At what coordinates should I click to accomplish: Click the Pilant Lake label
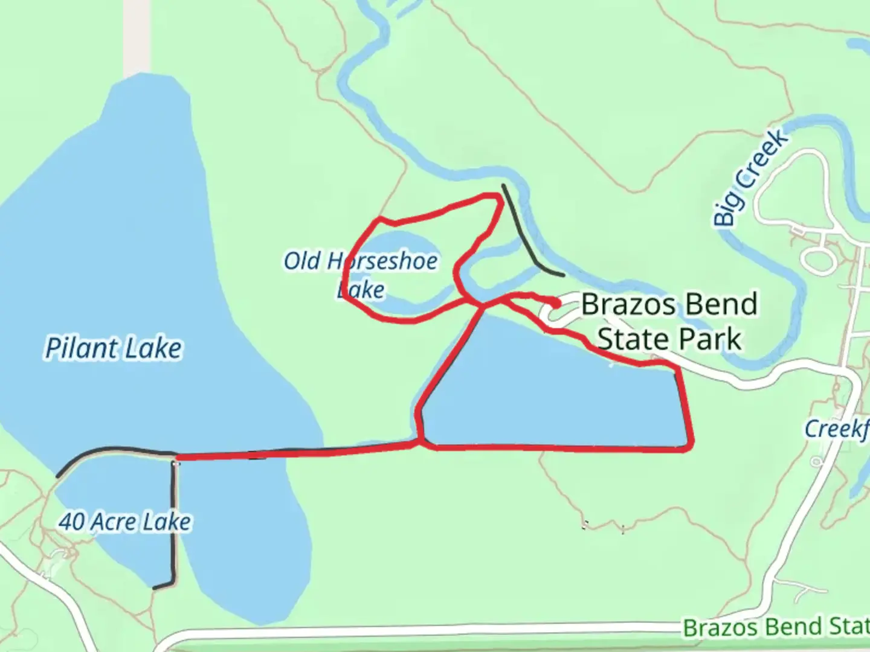coord(114,348)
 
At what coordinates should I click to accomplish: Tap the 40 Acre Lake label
coord(125,522)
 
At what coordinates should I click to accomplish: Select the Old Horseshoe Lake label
coord(361,275)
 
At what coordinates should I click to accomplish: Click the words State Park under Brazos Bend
coord(669,339)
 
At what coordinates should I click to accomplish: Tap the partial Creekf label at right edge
coord(837,429)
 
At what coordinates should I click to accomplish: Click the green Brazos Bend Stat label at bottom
coord(776,627)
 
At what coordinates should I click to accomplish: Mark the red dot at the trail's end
coord(555,302)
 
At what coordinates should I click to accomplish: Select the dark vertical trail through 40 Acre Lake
coord(175,519)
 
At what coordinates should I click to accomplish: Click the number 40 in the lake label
coord(71,522)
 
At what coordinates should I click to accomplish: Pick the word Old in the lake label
coord(301,261)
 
